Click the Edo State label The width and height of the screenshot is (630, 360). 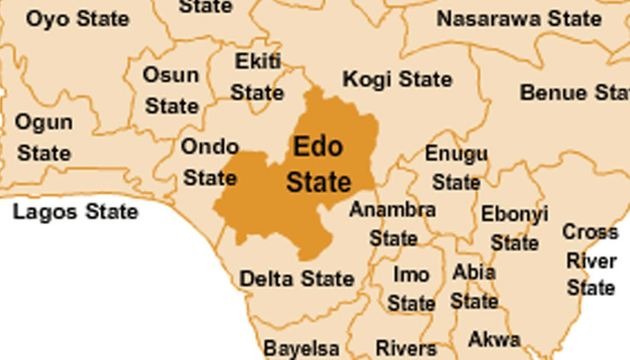click(x=319, y=164)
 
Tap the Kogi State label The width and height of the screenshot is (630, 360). click(x=398, y=78)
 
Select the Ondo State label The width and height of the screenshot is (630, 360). click(x=210, y=161)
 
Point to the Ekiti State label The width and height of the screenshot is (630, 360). click(x=257, y=76)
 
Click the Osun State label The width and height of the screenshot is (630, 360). click(x=171, y=90)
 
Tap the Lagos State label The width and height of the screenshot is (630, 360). click(x=76, y=212)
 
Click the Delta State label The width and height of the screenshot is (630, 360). click(x=297, y=279)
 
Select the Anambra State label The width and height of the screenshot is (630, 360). click(x=393, y=224)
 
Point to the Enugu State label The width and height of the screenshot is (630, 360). click(x=456, y=167)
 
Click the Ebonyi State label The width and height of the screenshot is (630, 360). click(x=515, y=228)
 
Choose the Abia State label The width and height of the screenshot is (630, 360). click(x=474, y=286)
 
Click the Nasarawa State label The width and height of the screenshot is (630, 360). click(x=519, y=18)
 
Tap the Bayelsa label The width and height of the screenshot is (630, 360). click(x=301, y=347)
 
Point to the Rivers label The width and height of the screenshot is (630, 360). click(x=406, y=347)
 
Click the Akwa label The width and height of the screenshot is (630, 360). click(x=494, y=340)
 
